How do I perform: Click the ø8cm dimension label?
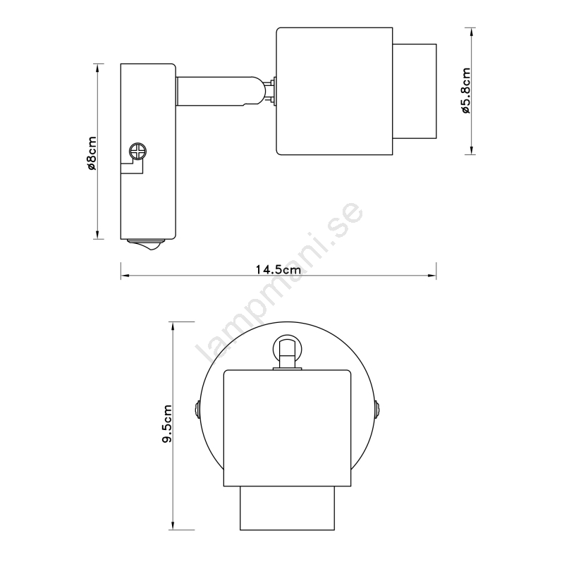click(92, 153)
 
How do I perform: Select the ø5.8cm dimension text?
click(466, 90)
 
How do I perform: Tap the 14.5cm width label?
click(278, 269)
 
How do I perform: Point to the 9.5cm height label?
click(167, 424)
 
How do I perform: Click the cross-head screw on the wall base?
click(138, 151)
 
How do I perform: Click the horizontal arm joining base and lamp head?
click(216, 91)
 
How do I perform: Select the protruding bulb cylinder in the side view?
click(415, 91)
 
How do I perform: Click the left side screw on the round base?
click(197, 410)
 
